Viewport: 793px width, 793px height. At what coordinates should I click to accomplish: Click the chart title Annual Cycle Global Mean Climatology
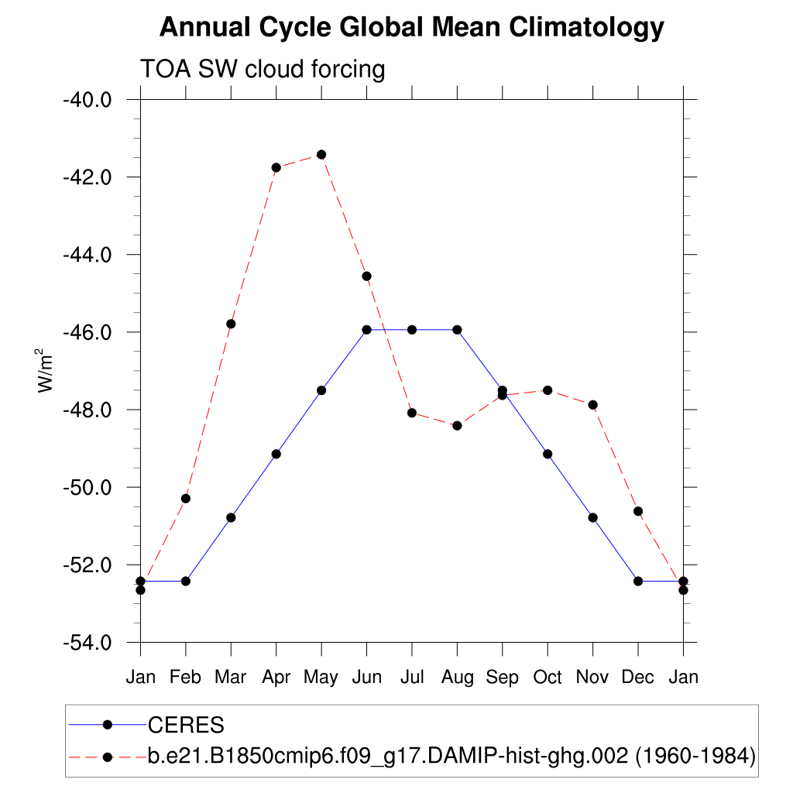(411, 28)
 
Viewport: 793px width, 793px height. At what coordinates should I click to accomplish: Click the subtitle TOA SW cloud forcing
(262, 70)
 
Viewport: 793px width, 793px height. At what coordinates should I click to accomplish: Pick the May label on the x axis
(321, 678)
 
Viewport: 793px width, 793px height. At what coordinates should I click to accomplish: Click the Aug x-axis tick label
(457, 678)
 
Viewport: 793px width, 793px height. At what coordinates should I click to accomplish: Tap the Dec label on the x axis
(638, 678)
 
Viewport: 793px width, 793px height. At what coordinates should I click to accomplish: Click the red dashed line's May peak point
(321, 154)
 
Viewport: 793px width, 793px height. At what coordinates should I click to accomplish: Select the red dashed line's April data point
(276, 167)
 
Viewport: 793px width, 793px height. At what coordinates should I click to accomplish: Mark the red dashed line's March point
(231, 324)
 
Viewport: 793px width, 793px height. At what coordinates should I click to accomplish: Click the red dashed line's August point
(457, 425)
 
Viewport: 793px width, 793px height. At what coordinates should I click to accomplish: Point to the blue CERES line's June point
(366, 330)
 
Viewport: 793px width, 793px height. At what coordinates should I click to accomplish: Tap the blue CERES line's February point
(186, 581)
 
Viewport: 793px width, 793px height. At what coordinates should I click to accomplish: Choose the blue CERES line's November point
(593, 517)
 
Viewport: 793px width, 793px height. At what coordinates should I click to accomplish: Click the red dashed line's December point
(638, 511)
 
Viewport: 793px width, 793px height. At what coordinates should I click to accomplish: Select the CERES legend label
(186, 726)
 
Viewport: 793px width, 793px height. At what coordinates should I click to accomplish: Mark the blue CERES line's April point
(276, 454)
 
